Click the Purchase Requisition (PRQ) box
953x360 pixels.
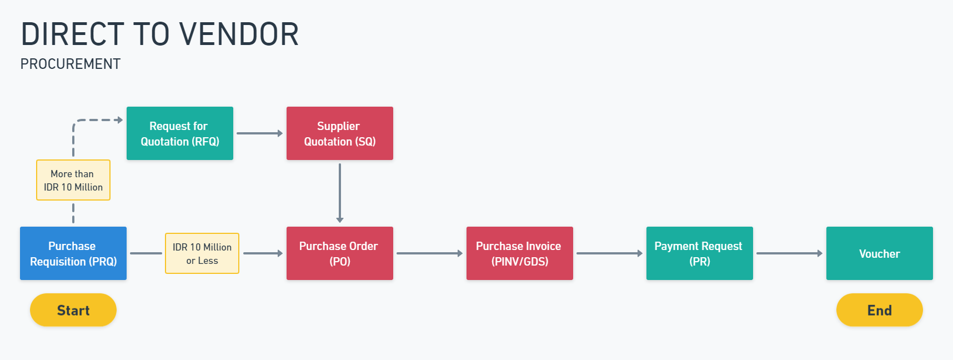click(73, 253)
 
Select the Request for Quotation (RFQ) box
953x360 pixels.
click(180, 133)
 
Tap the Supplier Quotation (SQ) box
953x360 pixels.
click(340, 133)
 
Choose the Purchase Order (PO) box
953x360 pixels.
click(340, 253)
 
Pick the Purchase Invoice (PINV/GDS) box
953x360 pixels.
click(520, 253)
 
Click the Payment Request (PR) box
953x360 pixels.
click(700, 253)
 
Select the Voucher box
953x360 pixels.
click(880, 253)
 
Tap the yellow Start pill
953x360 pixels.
click(73, 310)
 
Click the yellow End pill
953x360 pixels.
click(880, 310)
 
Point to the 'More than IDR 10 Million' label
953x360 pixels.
click(73, 180)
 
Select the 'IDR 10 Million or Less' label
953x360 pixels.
click(202, 253)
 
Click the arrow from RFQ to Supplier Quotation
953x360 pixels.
click(259, 133)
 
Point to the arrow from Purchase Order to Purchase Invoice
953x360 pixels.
click(429, 253)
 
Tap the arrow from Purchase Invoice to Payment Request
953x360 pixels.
click(609, 253)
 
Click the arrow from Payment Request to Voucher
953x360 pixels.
click(789, 253)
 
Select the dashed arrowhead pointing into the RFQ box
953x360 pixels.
click(119, 120)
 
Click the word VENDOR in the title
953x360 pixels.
click(239, 34)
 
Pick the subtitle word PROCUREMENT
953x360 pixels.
click(71, 64)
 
